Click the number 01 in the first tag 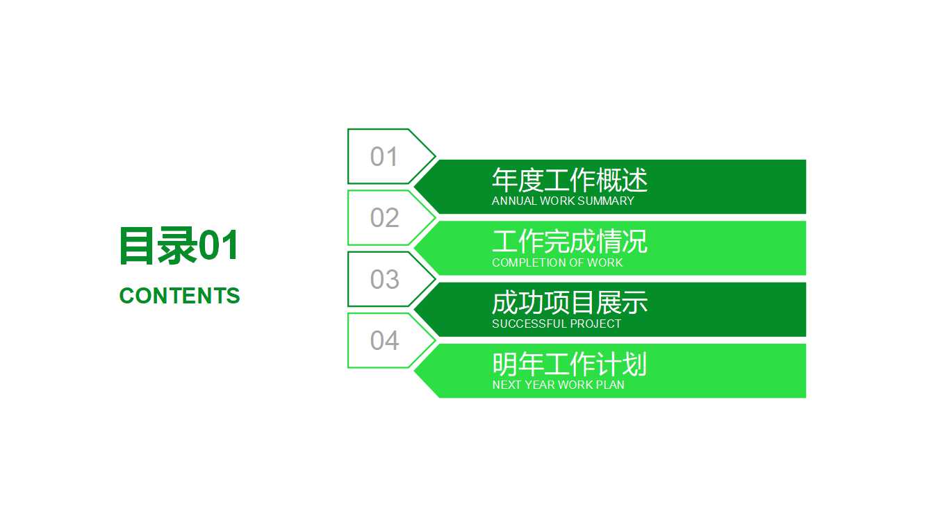click(384, 157)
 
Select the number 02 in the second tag click(384, 218)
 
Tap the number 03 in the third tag click(384, 279)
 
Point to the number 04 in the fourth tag click(384, 341)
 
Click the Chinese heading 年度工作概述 click(569, 181)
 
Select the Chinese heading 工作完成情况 click(569, 242)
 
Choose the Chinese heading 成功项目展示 click(569, 303)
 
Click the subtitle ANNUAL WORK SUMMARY click(563, 201)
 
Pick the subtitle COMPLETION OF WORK click(557, 263)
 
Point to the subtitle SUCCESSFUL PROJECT click(557, 324)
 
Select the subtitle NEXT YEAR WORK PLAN click(558, 385)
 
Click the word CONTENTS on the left click(179, 296)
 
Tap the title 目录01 click(179, 246)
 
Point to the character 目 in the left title click(136, 246)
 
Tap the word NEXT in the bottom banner click(503, 385)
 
